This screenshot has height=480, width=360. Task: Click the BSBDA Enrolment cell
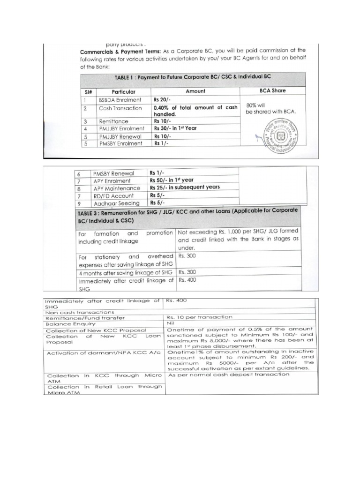tap(120, 100)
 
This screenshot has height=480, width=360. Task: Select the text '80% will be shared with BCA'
tap(271, 109)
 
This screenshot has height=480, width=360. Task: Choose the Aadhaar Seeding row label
tap(116, 203)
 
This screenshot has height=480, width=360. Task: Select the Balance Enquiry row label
tap(70, 324)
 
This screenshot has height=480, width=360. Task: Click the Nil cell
tap(171, 323)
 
